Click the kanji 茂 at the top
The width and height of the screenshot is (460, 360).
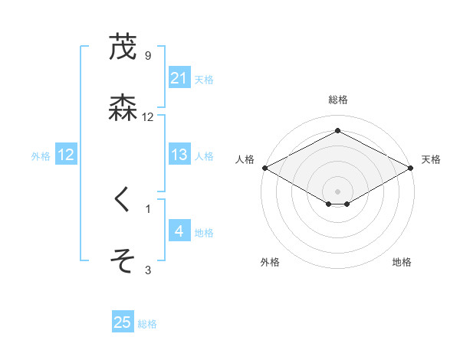[x=123, y=47]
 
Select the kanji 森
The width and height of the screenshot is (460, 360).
[x=123, y=107]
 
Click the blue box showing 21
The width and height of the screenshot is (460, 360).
[x=179, y=78]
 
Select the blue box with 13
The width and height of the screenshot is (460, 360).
[x=179, y=155]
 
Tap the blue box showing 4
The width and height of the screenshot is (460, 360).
[x=179, y=231]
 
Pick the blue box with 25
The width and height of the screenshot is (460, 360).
[x=123, y=322]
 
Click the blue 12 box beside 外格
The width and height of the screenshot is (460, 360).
[x=65, y=155]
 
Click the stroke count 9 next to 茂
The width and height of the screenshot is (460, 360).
[x=148, y=56]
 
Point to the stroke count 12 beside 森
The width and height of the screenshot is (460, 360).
[x=148, y=117]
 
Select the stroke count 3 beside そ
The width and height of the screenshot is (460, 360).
[x=148, y=270]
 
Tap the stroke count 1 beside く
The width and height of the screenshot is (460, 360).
[x=148, y=208]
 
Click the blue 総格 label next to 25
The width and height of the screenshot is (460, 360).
[x=147, y=324]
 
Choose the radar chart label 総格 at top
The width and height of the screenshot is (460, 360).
[x=337, y=100]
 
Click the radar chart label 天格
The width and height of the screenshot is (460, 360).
[x=431, y=159]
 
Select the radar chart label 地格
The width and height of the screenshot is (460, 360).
[x=402, y=262]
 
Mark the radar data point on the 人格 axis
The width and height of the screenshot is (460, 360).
[x=264, y=168]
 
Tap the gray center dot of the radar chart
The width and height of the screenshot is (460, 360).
[x=338, y=191]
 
